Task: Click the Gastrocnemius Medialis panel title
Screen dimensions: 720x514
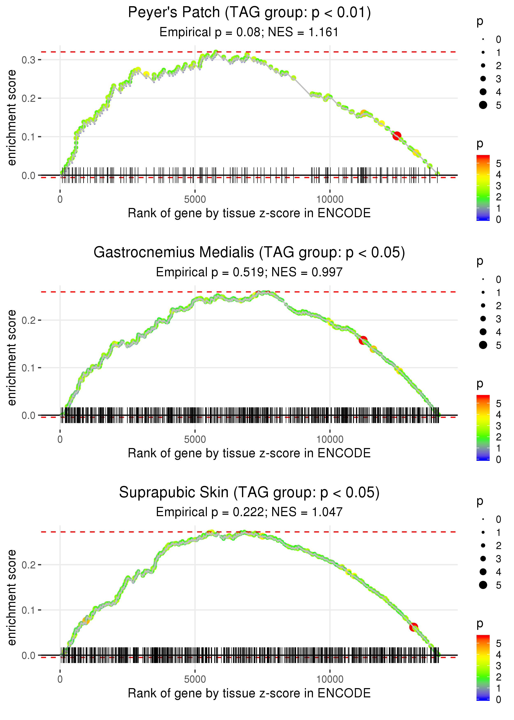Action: point(249,253)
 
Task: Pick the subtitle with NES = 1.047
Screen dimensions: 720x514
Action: point(249,512)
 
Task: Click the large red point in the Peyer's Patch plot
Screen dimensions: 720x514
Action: point(397,136)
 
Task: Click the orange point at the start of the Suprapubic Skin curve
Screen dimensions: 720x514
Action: point(86,621)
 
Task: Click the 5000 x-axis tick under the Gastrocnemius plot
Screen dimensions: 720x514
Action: point(195,439)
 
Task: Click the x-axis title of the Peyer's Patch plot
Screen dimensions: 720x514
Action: point(249,213)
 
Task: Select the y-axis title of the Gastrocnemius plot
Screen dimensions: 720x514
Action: point(12,358)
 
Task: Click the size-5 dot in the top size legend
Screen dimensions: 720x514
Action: point(483,105)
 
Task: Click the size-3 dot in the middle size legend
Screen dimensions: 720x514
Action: point(483,318)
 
